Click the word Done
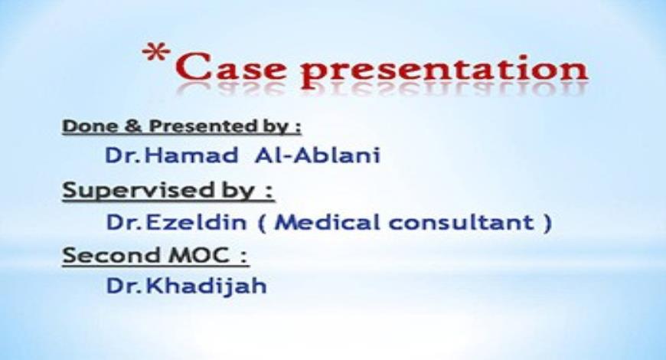click(83, 125)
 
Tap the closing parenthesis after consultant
click(546, 224)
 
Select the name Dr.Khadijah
click(186, 287)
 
